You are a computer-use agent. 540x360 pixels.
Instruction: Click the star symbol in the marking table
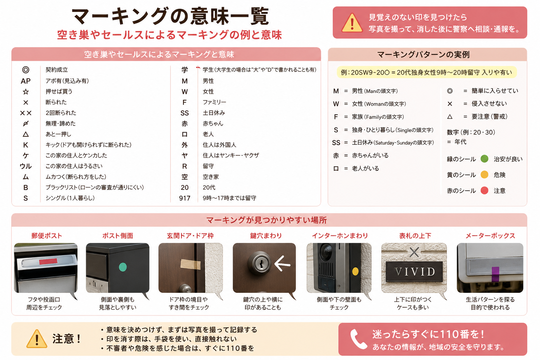point(26,92)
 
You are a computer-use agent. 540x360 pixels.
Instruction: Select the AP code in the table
point(26,81)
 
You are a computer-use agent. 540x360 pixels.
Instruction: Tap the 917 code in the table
point(185,198)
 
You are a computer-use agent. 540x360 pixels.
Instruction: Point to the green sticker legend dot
point(484,159)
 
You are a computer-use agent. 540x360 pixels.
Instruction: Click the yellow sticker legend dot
point(484,175)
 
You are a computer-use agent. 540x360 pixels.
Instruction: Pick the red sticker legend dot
point(484,191)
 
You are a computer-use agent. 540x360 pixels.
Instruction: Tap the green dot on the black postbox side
point(123,267)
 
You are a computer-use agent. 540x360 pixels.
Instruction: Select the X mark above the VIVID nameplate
point(414,252)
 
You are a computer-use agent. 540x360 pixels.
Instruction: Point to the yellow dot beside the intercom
point(355,271)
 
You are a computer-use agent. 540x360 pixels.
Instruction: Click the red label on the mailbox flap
point(48,261)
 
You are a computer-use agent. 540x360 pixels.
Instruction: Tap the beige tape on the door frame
point(191,264)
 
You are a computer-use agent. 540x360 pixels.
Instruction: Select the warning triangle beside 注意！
point(37,339)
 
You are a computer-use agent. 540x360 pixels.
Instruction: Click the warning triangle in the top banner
point(352,22)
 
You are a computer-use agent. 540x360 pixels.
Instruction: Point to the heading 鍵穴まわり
point(266,236)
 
